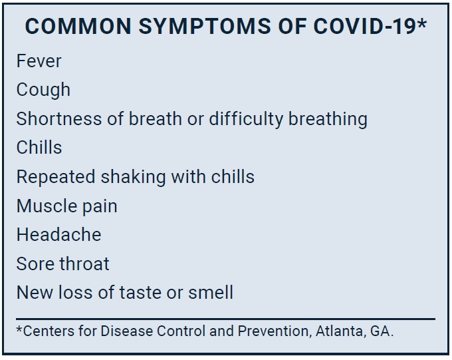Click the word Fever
pos(39,61)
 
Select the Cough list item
pos(43,90)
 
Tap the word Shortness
pos(59,118)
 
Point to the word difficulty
pos(246,120)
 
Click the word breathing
pos(328,120)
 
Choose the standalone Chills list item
pos(39,148)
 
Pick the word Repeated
pos(56,177)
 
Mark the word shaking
pos(133,177)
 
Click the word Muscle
pos(47,206)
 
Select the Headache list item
pos(58,234)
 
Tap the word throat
pos(84,264)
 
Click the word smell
pos(211,292)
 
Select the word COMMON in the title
pos(78,26)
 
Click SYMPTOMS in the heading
pos(205,26)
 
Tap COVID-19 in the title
pos(364,26)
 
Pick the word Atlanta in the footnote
pos(339,331)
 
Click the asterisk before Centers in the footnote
pos(19,329)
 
